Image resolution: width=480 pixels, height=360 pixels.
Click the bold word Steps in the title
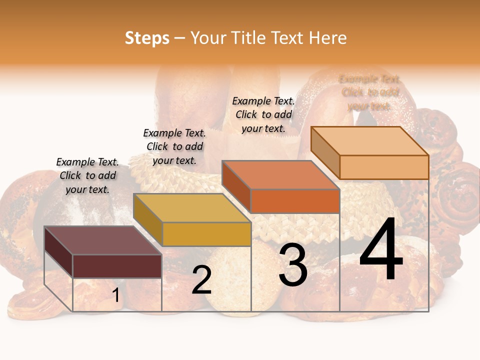click(x=147, y=38)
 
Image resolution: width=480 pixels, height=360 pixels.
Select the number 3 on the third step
click(x=293, y=265)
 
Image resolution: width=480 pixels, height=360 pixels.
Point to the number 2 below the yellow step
click(x=201, y=280)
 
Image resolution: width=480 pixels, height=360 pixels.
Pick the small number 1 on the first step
click(x=116, y=295)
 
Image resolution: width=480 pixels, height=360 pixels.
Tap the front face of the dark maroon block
click(x=117, y=266)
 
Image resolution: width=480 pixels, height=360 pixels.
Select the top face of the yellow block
click(x=192, y=207)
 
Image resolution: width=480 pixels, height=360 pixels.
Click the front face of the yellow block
click(x=206, y=234)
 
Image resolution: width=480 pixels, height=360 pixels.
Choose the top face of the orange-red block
click(x=280, y=175)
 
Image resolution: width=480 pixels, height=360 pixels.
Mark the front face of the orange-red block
click(x=295, y=201)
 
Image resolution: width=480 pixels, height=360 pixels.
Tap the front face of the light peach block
click(x=384, y=167)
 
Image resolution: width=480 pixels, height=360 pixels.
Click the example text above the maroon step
click(x=88, y=175)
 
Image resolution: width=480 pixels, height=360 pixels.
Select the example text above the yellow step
click(x=174, y=146)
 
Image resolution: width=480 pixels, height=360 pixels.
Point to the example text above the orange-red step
click(x=263, y=114)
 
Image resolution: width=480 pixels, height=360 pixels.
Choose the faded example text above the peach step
click(x=369, y=92)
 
